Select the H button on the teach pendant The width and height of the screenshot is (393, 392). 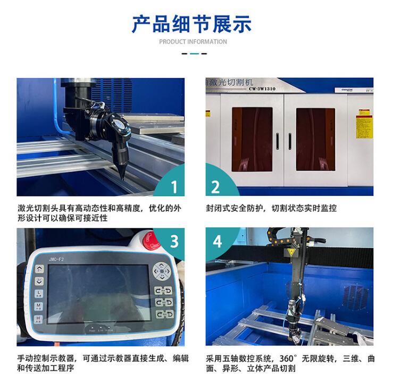(x=39, y=319)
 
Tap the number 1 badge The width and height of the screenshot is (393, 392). (x=173, y=186)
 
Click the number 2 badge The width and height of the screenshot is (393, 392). (x=216, y=186)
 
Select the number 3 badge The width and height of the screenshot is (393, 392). (x=173, y=241)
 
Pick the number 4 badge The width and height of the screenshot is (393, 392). (x=217, y=241)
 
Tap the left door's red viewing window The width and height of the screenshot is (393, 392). (x=252, y=139)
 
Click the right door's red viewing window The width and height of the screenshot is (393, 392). (x=315, y=139)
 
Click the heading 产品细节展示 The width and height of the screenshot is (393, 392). (x=192, y=24)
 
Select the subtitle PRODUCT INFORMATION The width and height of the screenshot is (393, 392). (x=193, y=42)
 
